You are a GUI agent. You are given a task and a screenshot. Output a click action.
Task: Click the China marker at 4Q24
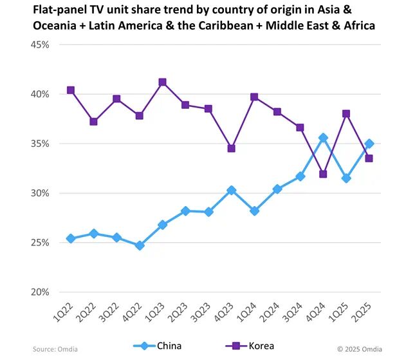pos(323,138)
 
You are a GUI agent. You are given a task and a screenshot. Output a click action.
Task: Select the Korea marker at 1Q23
pos(162,82)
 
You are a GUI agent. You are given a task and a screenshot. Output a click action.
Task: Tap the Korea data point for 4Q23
pos(231,148)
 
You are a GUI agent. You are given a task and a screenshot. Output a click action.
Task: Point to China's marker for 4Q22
pos(139,245)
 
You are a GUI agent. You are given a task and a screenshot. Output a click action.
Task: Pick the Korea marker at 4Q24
pos(323,174)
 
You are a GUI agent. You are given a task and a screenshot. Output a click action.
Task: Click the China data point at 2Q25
pos(369,144)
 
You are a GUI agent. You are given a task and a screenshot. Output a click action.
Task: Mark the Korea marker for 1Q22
pos(71,90)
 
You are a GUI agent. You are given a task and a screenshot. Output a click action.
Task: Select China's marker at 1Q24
pos(254,211)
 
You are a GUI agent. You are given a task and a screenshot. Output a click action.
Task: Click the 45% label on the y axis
pos(41,45)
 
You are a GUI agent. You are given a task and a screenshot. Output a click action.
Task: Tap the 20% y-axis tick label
pos(41,292)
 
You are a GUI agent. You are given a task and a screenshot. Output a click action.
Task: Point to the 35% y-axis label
pos(41,144)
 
